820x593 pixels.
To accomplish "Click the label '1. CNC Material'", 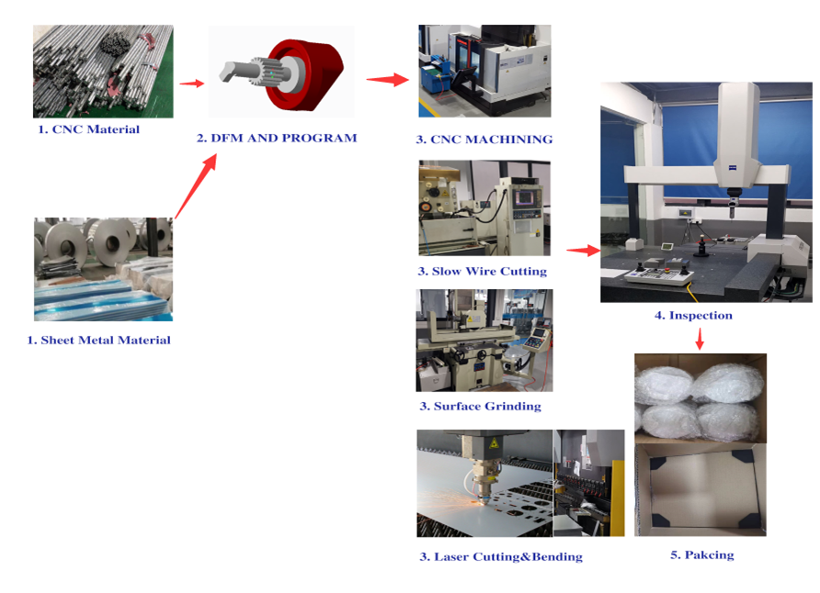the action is [89, 129].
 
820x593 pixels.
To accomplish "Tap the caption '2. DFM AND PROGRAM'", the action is [277, 138].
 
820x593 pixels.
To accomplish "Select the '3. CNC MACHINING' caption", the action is [484, 140].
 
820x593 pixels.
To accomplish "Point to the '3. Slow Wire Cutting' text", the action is [483, 272].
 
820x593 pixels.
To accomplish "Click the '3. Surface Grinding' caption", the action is [480, 406].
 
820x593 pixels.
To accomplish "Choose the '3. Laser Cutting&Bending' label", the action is [501, 557].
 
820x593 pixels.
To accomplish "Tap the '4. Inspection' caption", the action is [693, 315].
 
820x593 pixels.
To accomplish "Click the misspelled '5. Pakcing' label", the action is [702, 554].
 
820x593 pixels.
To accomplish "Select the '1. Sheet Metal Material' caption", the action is [99, 341].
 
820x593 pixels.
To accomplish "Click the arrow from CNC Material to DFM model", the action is [191, 83].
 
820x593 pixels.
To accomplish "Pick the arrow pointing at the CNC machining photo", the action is [388, 79].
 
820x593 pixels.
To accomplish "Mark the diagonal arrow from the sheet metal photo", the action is [196, 186].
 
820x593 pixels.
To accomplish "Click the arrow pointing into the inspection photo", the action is [583, 251].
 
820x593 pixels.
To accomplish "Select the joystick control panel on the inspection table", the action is [659, 275].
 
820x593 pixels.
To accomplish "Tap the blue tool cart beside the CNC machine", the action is [434, 79].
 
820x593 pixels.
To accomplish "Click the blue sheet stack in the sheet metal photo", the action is [103, 300].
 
